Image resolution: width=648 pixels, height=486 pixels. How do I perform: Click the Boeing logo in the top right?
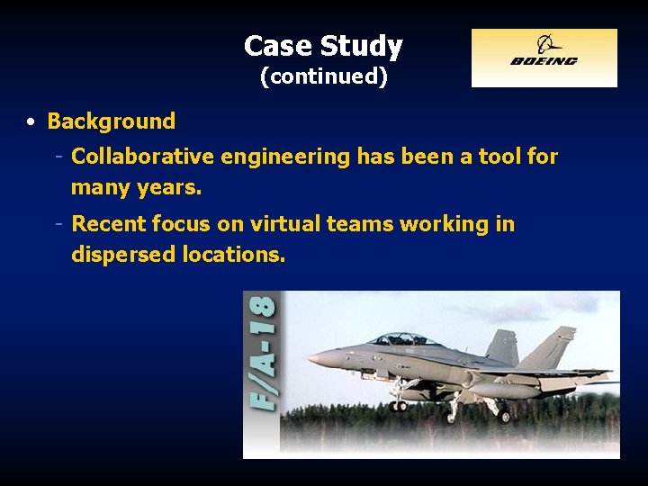(x=544, y=58)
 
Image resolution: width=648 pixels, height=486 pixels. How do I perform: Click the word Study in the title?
(x=362, y=46)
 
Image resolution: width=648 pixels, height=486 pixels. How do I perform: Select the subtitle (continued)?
(x=324, y=76)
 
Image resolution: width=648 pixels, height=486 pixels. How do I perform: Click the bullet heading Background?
(x=111, y=121)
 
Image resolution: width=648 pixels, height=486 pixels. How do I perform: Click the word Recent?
(x=108, y=223)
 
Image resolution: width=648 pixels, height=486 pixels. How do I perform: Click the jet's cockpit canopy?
(x=402, y=339)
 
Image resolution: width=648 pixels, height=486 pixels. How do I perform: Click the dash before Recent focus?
(x=58, y=223)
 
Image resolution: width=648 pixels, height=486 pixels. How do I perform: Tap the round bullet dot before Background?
(x=31, y=121)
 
